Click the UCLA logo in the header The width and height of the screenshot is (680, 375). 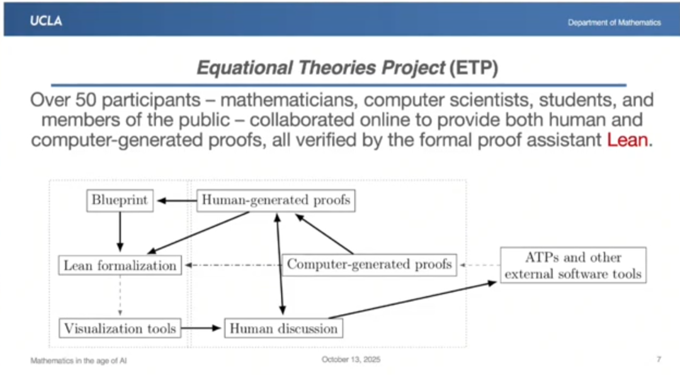(46, 21)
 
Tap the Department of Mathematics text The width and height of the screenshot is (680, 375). (614, 23)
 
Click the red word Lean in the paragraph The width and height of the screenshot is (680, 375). (627, 140)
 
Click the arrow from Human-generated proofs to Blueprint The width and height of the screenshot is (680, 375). (177, 201)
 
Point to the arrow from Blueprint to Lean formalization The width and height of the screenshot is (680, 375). (120, 232)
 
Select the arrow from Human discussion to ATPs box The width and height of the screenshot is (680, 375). (412, 300)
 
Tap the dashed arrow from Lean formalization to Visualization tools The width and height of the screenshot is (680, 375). (120, 296)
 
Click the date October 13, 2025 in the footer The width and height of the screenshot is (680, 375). (351, 359)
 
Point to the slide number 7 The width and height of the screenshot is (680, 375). (659, 359)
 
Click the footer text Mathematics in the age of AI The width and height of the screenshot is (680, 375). (79, 361)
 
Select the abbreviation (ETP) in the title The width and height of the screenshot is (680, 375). (473, 68)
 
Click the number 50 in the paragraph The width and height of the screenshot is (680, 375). (86, 100)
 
